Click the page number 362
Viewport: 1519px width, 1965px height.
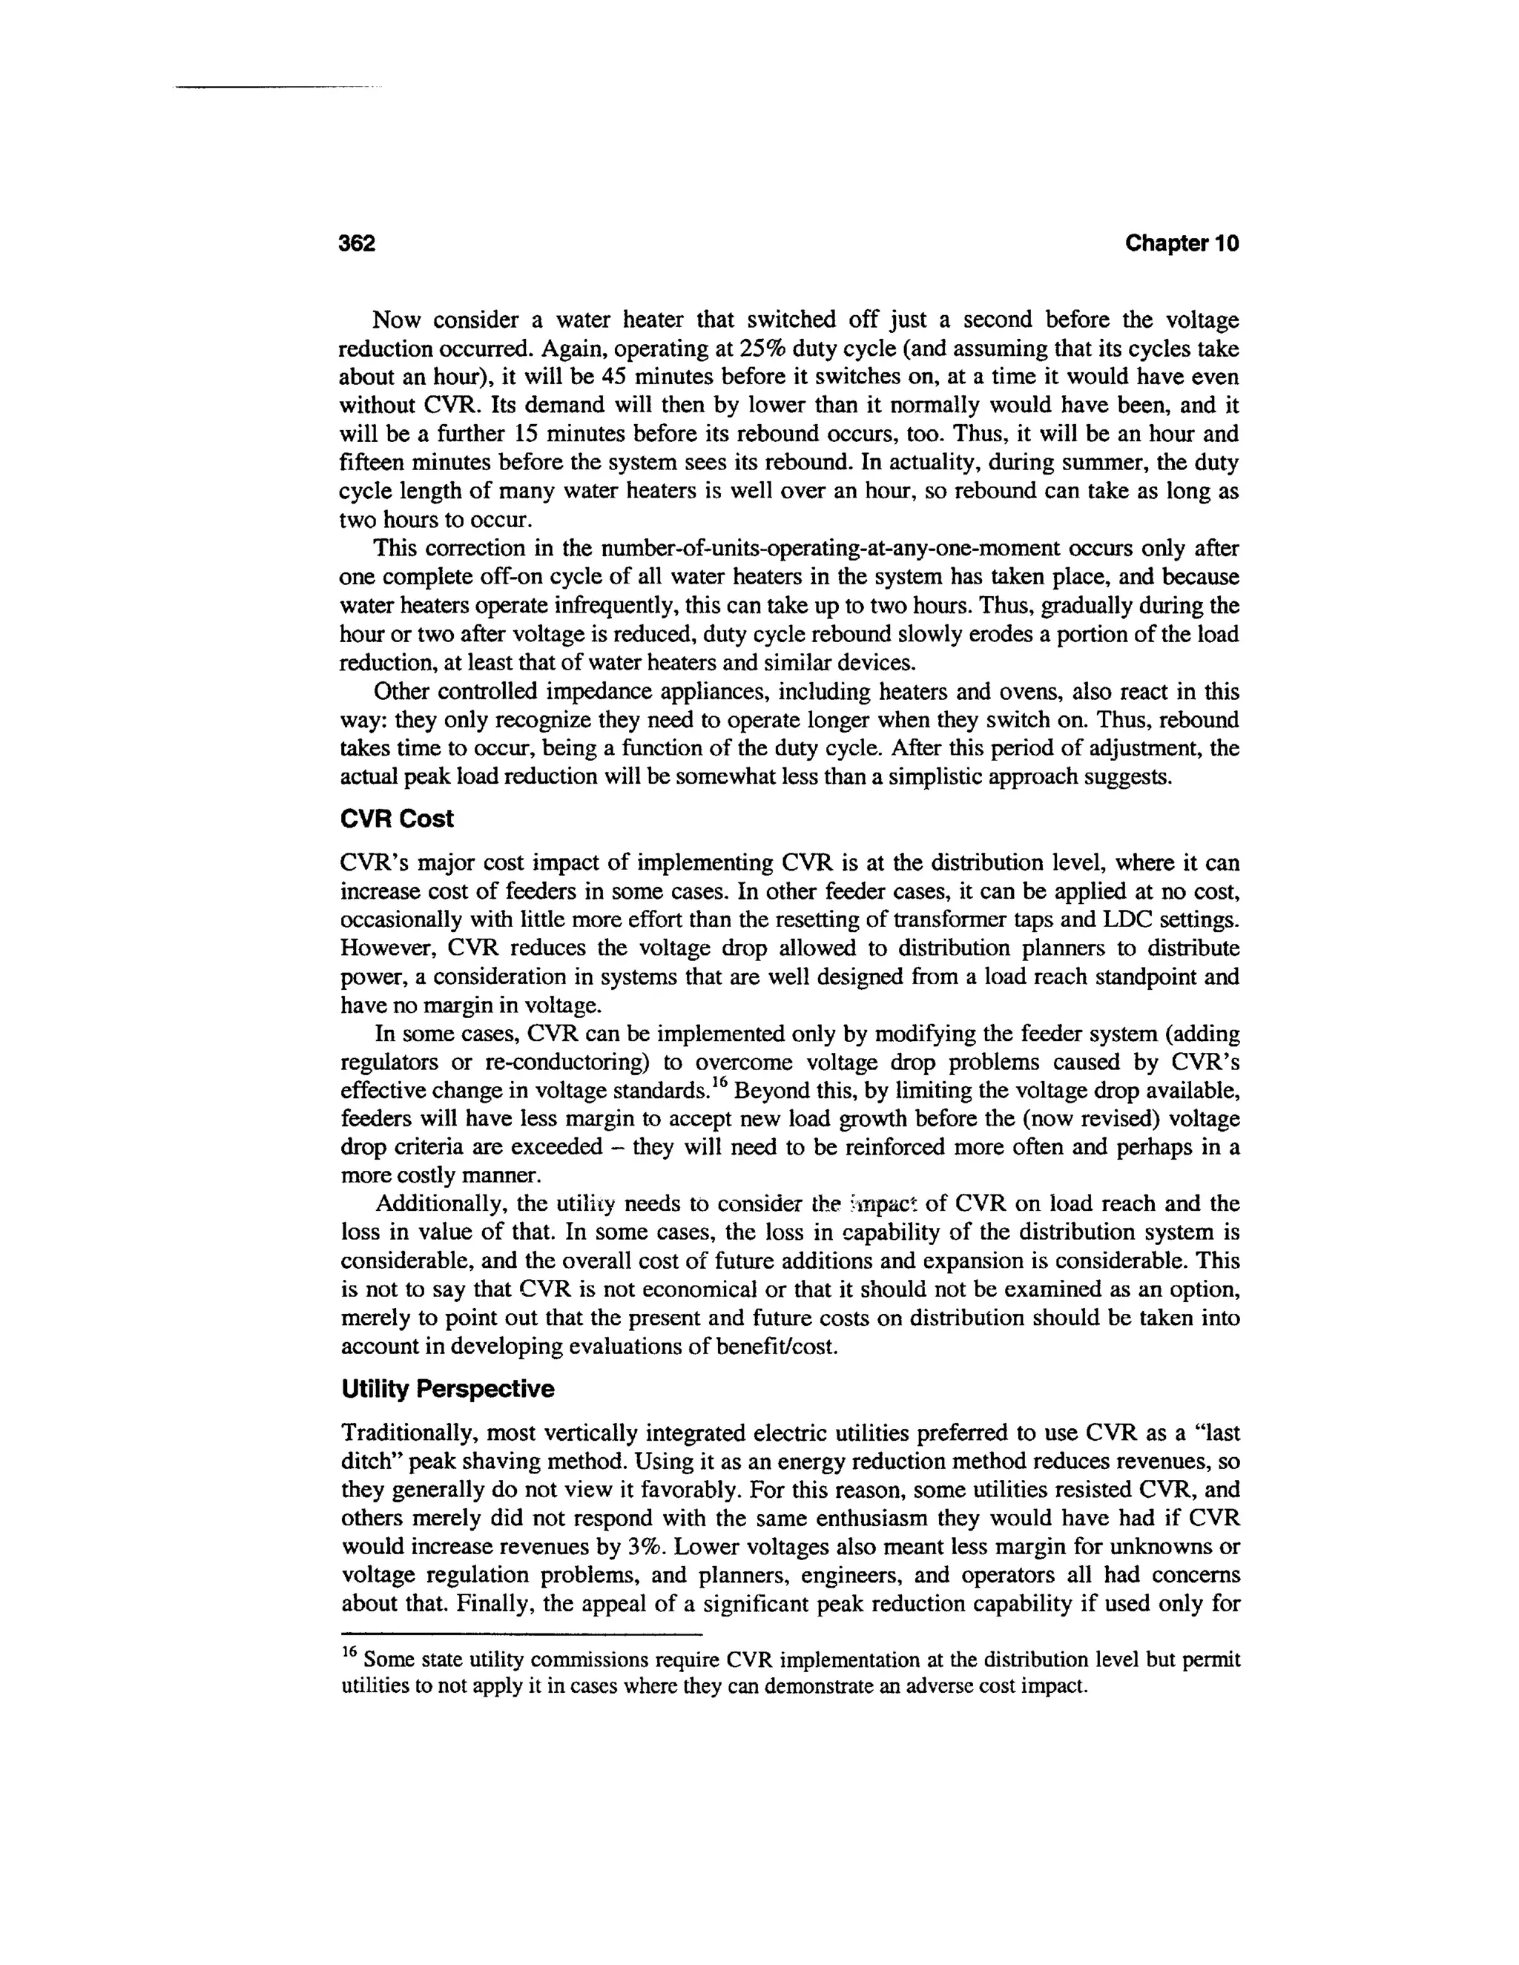point(356,243)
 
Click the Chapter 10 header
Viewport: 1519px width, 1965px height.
point(1182,243)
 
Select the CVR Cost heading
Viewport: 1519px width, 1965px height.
point(397,819)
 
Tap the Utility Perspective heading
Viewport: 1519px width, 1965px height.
point(447,1389)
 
